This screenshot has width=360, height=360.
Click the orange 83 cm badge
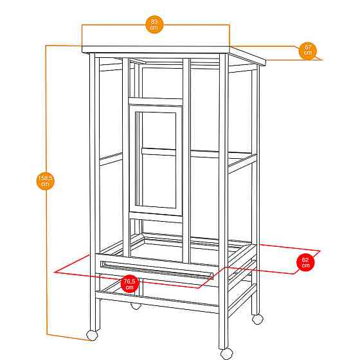[x=154, y=24]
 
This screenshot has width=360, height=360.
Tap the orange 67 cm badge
[x=308, y=51]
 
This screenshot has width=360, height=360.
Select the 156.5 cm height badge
[x=46, y=181]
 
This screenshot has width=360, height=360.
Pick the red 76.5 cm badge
[x=129, y=283]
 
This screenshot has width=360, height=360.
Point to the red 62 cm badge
[x=305, y=262]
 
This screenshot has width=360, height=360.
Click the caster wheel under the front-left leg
[x=92, y=336]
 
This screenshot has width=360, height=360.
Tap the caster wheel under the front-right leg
[x=226, y=354]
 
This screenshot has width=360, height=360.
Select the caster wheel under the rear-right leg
[x=257, y=319]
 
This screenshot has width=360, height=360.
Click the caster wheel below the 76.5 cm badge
[x=136, y=306]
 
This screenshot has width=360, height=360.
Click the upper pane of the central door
[x=159, y=130]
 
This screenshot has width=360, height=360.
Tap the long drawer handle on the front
[x=157, y=270]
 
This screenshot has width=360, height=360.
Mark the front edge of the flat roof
[x=156, y=50]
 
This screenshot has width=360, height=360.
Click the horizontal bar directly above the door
[x=156, y=102]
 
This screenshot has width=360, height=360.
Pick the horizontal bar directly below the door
[x=156, y=217]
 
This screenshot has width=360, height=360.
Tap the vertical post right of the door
[x=186, y=161]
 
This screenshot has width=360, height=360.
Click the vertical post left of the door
[x=126, y=157]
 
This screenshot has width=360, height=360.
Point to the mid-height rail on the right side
[x=242, y=163]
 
